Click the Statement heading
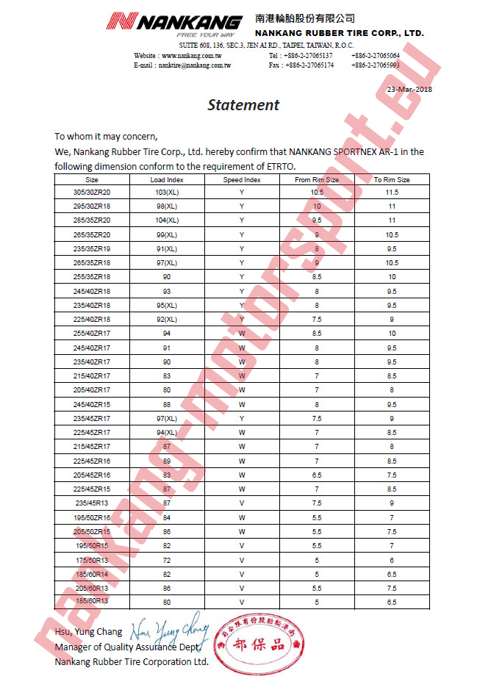point(243,104)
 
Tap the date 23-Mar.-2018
point(409,89)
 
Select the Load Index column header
point(167,179)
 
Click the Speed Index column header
point(242,179)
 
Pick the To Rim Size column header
point(392,179)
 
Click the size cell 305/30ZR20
point(92,192)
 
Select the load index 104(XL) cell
point(167,220)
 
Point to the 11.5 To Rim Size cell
point(392,192)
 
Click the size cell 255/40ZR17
point(92,334)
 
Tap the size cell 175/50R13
point(92,560)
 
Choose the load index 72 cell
point(167,560)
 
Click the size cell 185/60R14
point(92,574)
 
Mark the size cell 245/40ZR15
point(92,404)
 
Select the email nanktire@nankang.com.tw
point(194,65)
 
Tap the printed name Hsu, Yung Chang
point(89,632)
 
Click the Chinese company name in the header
point(305,18)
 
